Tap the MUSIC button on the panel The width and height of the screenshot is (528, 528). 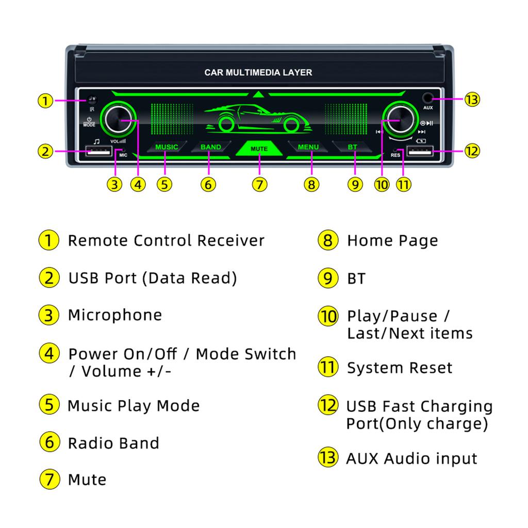(x=166, y=147)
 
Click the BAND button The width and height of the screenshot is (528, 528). (x=210, y=147)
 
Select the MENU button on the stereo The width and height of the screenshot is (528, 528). (x=308, y=147)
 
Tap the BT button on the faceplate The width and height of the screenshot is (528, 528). (x=352, y=147)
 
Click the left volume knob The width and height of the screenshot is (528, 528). (x=119, y=120)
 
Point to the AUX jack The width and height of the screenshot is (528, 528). (x=428, y=98)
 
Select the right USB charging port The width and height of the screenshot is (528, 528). (x=420, y=152)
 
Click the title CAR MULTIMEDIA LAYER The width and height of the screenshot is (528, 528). (x=258, y=73)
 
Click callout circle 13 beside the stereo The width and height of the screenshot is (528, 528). (x=471, y=100)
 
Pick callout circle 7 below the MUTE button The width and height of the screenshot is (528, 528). (x=260, y=184)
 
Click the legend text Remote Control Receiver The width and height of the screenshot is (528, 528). (x=166, y=240)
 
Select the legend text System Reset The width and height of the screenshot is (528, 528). (x=399, y=368)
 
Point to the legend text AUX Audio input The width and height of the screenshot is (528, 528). (x=411, y=458)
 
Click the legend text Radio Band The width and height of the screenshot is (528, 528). (x=113, y=443)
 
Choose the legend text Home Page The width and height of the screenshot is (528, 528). (x=392, y=240)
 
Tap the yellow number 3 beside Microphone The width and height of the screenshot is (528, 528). (x=48, y=315)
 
